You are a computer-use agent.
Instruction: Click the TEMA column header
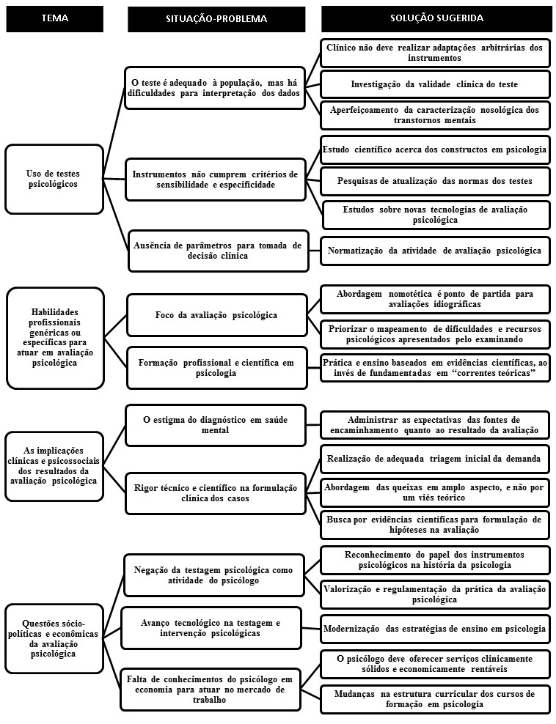[x=55, y=18]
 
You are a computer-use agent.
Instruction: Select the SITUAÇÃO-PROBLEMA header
[x=216, y=18]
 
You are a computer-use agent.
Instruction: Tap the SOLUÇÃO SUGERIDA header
[x=436, y=18]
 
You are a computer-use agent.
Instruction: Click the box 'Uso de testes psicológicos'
[x=54, y=179]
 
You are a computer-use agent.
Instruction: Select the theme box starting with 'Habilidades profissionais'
[x=55, y=337]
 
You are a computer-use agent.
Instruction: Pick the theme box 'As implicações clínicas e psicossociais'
[x=54, y=465]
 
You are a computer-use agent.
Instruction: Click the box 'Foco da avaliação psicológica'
[x=216, y=315]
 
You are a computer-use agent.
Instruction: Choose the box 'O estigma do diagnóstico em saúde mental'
[x=216, y=424]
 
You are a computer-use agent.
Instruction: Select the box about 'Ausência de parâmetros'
[x=216, y=251]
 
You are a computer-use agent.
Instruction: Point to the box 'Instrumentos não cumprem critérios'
[x=216, y=180]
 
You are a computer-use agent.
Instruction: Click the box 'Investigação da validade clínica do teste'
[x=435, y=84]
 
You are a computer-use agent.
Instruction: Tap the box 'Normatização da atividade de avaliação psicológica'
[x=436, y=251]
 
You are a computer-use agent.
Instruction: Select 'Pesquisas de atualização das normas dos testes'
[x=436, y=180]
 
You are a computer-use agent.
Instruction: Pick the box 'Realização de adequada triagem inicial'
[x=436, y=458]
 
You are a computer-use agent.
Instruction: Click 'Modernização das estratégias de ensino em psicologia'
[x=436, y=629]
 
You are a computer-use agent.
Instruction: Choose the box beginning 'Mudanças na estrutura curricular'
[x=436, y=698]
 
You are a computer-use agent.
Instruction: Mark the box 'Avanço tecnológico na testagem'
[x=211, y=627]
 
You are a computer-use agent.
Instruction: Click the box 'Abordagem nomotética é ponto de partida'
[x=436, y=298]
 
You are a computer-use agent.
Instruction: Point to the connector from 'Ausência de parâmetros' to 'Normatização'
[x=313, y=251]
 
